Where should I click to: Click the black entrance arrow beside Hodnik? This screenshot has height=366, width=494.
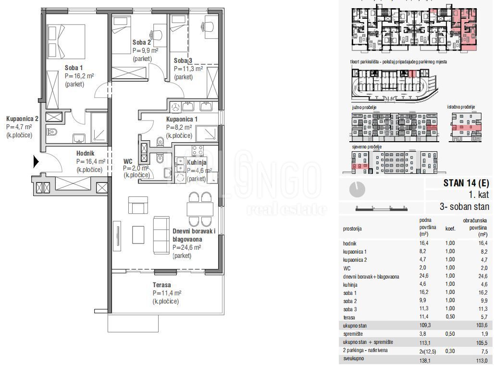point(36,162)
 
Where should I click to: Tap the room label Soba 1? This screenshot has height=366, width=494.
point(74,68)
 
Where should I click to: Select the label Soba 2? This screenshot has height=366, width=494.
point(142,43)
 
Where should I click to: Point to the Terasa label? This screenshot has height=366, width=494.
point(162,285)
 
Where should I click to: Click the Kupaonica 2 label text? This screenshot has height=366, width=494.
point(22,119)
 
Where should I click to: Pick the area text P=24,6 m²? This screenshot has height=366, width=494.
point(186,247)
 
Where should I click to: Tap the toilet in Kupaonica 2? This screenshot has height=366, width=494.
point(52,132)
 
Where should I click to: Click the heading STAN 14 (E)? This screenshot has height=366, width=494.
point(466,183)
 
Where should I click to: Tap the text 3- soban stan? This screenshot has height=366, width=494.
point(464,207)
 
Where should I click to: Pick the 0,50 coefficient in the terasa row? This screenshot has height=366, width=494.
point(450,317)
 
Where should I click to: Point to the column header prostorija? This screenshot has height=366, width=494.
point(352,230)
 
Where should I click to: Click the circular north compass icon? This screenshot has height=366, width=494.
point(358,189)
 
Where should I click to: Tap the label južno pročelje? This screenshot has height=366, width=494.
point(364,107)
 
